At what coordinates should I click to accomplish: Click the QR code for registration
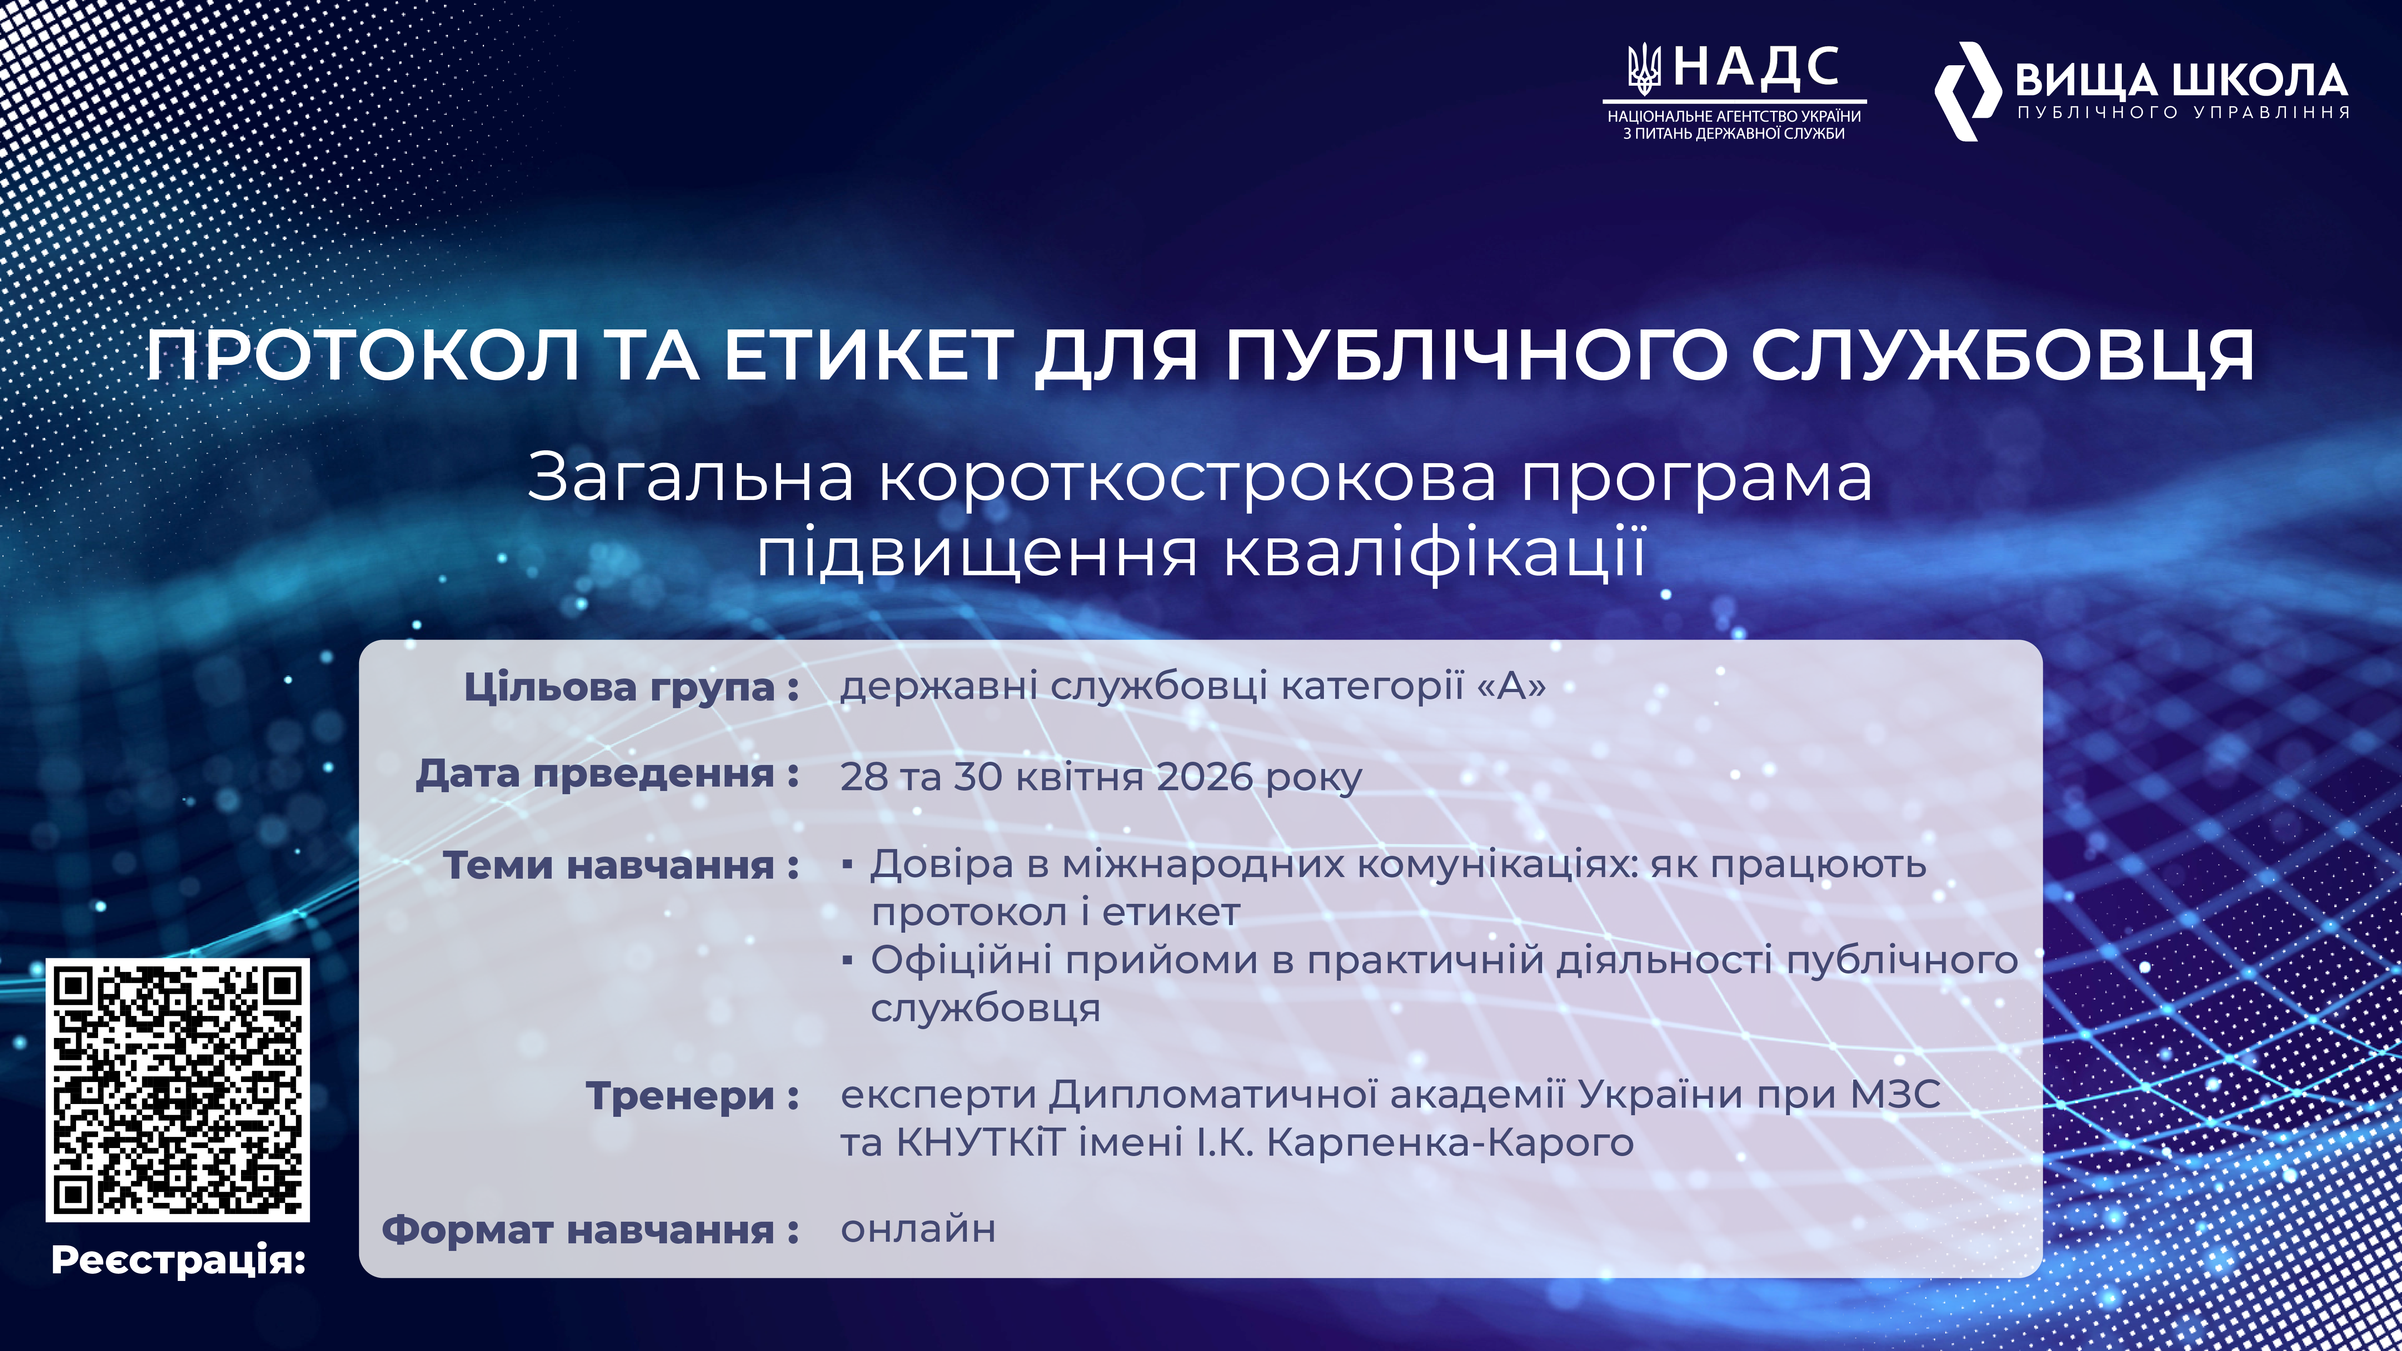click(177, 1089)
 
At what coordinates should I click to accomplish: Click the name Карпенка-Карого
click(1450, 1142)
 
